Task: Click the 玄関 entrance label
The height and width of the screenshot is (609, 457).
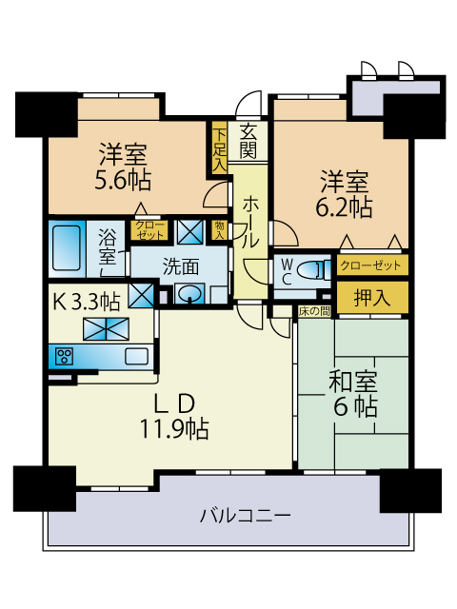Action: (248, 142)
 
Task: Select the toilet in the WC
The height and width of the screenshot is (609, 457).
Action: (312, 269)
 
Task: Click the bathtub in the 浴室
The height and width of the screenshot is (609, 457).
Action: (67, 247)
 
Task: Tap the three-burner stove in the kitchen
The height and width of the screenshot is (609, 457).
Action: (64, 357)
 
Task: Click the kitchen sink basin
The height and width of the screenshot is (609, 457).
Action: (136, 356)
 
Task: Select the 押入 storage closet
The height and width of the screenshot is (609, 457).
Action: (372, 298)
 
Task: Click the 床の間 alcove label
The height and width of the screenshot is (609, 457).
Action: (314, 311)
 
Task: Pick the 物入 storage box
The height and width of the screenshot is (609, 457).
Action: (220, 230)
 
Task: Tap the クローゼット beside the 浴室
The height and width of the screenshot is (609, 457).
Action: (149, 230)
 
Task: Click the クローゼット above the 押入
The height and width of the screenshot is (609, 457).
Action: (372, 265)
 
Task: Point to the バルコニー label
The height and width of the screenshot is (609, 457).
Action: (246, 516)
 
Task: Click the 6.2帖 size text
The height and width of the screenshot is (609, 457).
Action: (344, 207)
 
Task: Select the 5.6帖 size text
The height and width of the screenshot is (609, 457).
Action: (123, 180)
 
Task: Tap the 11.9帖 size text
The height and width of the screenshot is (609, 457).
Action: (174, 429)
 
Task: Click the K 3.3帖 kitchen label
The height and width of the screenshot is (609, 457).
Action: (87, 302)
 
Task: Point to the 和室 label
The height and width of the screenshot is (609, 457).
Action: (353, 382)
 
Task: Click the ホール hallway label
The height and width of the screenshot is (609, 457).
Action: (249, 223)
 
